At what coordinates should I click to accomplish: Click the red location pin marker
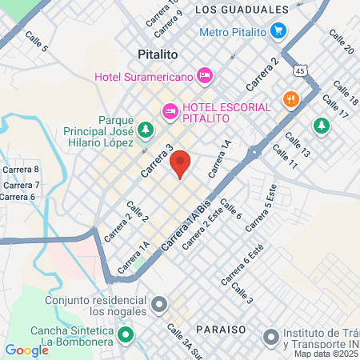tap(181, 163)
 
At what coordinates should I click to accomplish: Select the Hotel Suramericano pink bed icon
tap(205, 75)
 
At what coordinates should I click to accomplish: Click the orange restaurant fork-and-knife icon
tap(290, 100)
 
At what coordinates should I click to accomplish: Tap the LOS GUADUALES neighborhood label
tap(241, 10)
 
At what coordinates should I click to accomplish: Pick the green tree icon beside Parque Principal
tap(145, 128)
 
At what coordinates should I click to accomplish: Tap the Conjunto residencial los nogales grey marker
tap(160, 305)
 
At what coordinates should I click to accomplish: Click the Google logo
tap(26, 350)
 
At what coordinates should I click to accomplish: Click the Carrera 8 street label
tap(20, 169)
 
